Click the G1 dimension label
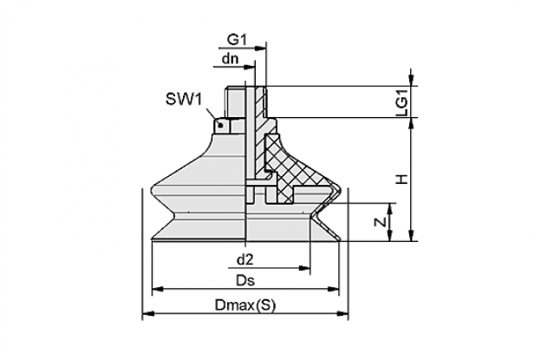coord(237,40)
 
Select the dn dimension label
coord(230,59)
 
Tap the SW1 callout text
coord(183,100)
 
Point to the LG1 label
coord(401,101)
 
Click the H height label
coord(401,180)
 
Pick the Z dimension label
coord(381,222)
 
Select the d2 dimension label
coord(245,259)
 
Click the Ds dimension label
coord(245,280)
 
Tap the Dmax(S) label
coord(245,305)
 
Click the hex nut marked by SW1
coord(225,126)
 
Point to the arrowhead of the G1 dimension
coord(260,49)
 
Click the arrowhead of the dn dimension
coord(250,67)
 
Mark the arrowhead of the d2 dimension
coord(304,268)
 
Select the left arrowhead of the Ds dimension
coord(158,289)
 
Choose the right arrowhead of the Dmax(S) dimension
coord(342,314)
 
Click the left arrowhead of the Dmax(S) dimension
coord(148,314)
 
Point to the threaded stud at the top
coord(245,101)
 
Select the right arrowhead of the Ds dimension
coord(333,289)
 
